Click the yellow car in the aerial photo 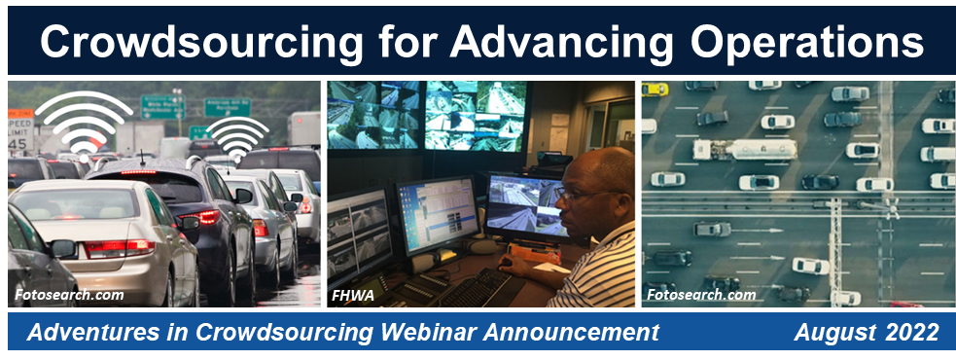coord(655,89)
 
